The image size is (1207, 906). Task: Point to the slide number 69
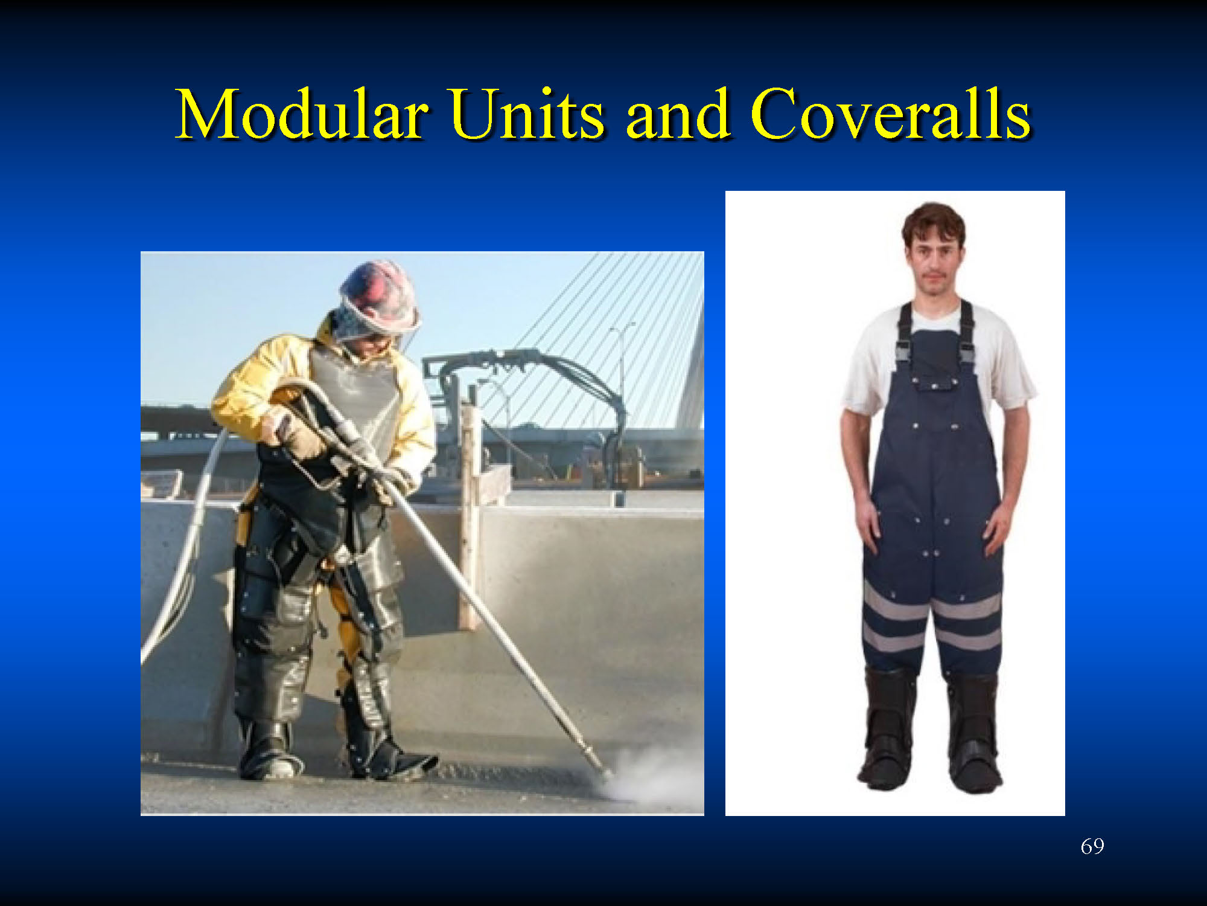(1092, 846)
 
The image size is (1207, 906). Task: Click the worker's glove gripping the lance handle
(302, 432)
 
